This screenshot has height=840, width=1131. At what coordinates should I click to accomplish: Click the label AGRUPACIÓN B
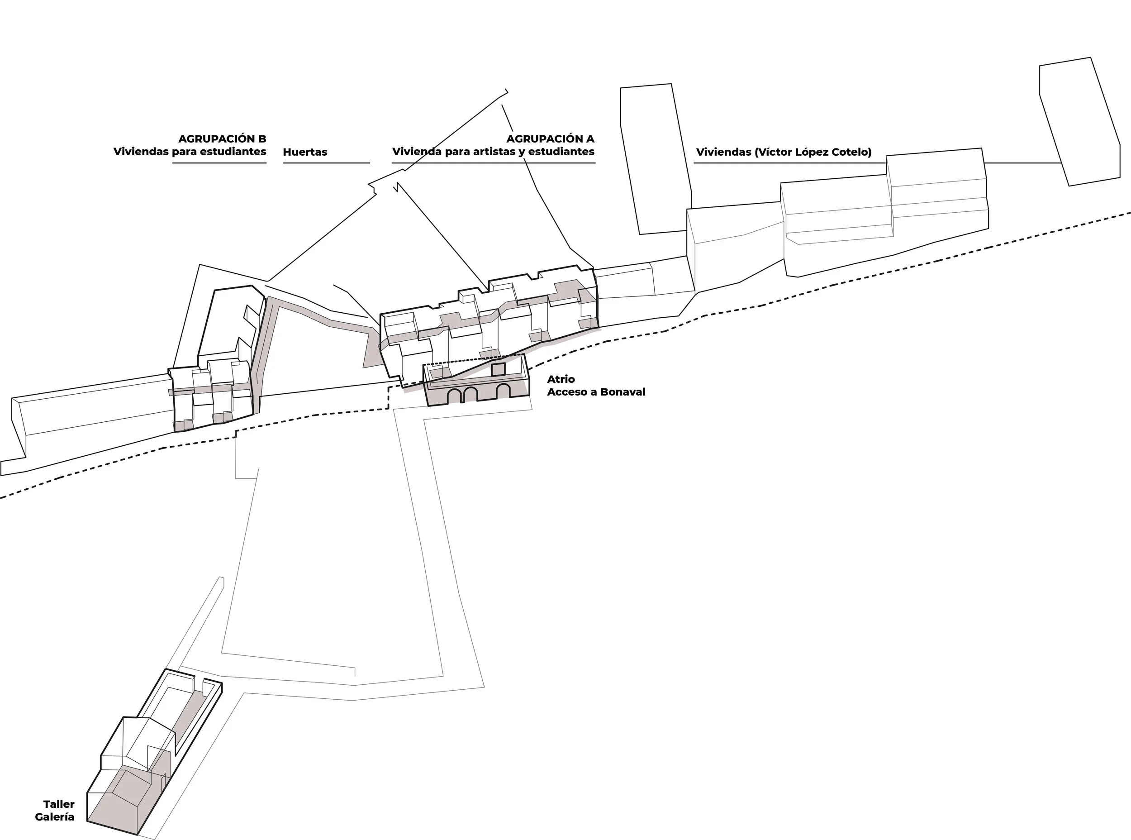pos(222,139)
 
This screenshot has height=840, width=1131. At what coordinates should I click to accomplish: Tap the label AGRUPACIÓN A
pos(551,139)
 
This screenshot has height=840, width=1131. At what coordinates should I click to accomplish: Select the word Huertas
pos(305,152)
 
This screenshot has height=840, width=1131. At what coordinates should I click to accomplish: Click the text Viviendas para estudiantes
pos(190,152)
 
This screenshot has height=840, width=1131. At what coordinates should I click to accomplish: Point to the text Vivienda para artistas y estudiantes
pos(493,152)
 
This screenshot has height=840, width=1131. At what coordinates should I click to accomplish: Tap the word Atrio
pos(561,379)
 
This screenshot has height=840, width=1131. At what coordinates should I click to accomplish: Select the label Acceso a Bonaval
pos(596,392)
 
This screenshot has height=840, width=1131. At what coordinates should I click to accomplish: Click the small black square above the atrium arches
pos(498,370)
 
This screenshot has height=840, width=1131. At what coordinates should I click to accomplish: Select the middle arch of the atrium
pos(470,394)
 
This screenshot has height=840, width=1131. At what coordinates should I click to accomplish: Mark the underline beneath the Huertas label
pos(326,163)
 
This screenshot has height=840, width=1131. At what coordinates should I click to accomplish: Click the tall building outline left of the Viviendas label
pos(656,159)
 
